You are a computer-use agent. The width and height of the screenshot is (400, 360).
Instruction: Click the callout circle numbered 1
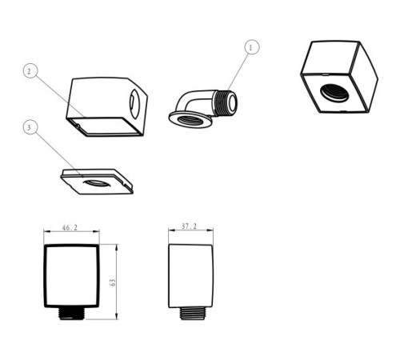click(x=252, y=47)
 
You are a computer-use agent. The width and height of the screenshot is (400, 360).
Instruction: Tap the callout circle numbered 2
click(x=30, y=71)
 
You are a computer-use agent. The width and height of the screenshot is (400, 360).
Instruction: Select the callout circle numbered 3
click(x=30, y=127)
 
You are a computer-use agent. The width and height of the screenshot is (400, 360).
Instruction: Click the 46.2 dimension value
click(x=70, y=228)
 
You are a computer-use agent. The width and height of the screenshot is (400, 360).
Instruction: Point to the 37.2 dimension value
click(x=189, y=226)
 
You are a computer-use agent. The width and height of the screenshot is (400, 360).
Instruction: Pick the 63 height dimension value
click(x=113, y=282)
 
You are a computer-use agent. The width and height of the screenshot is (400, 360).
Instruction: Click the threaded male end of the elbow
click(x=226, y=103)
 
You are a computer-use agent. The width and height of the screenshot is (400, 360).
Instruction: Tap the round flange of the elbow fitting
click(x=190, y=120)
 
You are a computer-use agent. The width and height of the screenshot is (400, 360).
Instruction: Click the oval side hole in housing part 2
click(x=134, y=104)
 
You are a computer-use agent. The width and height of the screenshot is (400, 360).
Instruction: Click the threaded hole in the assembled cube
click(x=334, y=93)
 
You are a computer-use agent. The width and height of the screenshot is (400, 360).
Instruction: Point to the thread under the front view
click(x=71, y=314)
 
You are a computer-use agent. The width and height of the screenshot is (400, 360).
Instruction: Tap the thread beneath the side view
click(x=192, y=314)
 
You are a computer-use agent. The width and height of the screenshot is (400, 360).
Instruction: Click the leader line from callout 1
click(x=238, y=71)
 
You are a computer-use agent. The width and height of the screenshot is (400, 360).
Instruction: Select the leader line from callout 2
click(x=61, y=97)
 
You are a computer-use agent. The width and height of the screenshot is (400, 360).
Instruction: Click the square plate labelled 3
click(x=97, y=182)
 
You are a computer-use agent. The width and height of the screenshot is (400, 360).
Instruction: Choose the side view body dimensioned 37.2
click(x=191, y=276)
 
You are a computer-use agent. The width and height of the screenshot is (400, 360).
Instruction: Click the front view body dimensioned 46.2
click(x=71, y=276)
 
